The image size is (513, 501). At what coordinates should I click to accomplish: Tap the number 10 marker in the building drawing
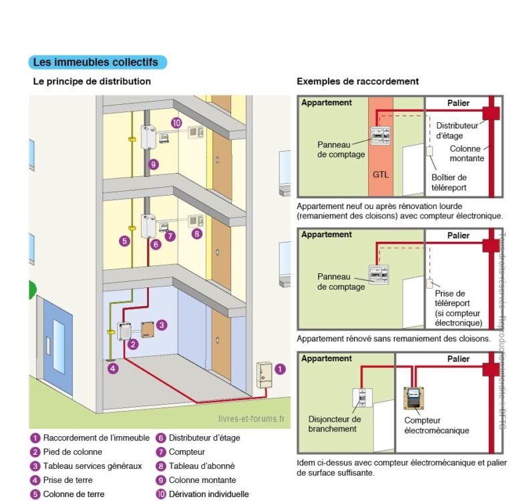pos(176,123)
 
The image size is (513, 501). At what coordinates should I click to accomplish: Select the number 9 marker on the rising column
pos(154,164)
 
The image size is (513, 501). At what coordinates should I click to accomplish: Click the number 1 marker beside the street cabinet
pos(280,368)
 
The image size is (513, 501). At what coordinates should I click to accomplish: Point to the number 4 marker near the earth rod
pos(114,368)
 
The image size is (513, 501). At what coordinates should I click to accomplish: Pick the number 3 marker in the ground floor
pos(162,324)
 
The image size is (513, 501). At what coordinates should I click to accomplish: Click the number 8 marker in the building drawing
pos(196,234)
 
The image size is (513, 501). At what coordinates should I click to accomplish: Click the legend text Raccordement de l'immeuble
pos(96,438)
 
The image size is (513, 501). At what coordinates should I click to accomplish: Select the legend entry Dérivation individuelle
pos(208,494)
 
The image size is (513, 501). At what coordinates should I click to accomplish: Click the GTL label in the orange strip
pos(380,175)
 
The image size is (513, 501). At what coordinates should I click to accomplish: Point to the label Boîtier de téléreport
pos(449,182)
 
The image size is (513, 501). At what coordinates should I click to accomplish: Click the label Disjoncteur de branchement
pos(335,424)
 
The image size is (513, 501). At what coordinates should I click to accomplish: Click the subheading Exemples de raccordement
pos(357,81)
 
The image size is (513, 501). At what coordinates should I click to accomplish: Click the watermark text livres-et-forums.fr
pos(250,419)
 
